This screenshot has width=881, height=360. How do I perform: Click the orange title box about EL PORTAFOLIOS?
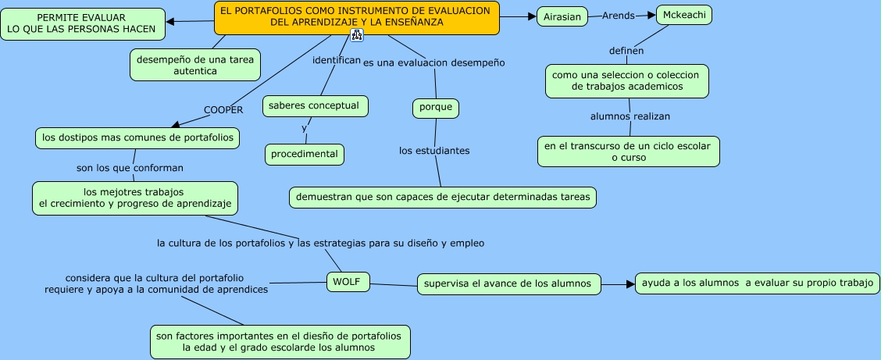[356, 17]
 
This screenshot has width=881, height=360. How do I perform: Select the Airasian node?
[562, 16]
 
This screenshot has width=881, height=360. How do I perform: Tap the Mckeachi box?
[683, 15]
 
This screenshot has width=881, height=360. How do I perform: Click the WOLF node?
[347, 282]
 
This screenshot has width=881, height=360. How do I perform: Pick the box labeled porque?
[435, 108]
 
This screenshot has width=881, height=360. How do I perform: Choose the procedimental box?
[305, 154]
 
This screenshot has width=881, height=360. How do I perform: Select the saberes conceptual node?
[314, 105]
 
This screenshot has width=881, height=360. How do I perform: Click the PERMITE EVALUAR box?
[81, 23]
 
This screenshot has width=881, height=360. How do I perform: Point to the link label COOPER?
[223, 110]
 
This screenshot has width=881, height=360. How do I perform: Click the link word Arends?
[618, 16]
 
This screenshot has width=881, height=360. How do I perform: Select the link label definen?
[626, 51]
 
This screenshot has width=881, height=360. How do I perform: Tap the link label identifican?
[337, 59]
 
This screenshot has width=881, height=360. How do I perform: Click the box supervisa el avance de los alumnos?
[508, 283]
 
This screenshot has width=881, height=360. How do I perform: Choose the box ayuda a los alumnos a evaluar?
[757, 283]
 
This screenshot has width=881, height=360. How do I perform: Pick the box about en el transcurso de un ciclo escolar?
[628, 151]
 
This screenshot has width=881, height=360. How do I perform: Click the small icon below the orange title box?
[357, 35]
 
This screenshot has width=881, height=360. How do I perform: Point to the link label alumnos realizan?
[630, 116]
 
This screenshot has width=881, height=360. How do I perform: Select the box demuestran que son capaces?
[443, 198]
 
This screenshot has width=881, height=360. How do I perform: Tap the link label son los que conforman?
[130, 167]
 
